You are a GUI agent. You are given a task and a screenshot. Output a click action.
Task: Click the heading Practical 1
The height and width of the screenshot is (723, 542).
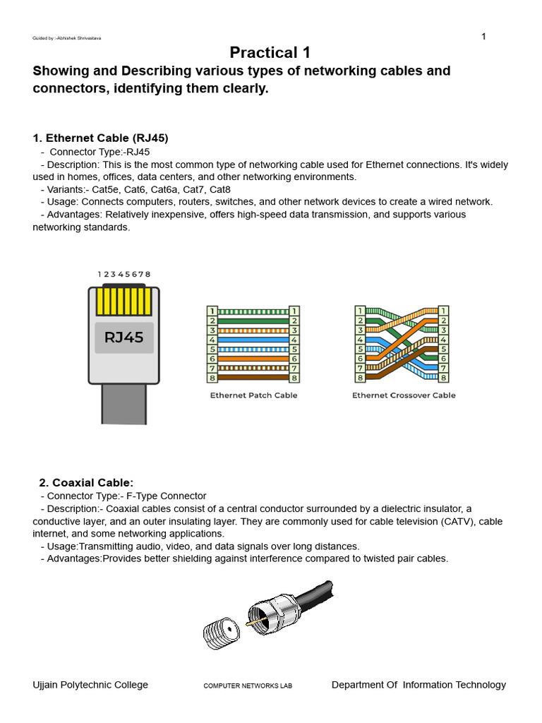click(x=270, y=52)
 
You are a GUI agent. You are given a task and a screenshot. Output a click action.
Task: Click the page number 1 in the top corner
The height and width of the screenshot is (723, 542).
click(x=483, y=37)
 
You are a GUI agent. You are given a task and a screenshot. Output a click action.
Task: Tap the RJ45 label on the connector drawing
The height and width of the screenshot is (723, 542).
click(x=124, y=337)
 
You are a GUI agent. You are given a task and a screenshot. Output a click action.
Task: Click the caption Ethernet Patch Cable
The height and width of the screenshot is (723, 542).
click(x=253, y=395)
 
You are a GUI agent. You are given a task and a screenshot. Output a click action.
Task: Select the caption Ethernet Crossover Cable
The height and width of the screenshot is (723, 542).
click(x=404, y=395)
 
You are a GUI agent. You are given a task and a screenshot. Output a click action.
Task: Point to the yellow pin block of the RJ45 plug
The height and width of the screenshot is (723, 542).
click(x=124, y=301)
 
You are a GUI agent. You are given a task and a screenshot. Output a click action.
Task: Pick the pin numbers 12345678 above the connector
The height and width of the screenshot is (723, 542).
click(x=124, y=274)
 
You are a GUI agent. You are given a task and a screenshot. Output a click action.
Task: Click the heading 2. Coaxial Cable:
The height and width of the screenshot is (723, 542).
click(x=86, y=483)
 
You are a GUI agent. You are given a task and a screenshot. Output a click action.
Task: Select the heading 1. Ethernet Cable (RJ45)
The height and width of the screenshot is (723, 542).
click(x=101, y=138)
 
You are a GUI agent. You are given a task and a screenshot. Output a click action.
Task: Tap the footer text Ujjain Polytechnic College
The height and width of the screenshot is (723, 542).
click(x=90, y=685)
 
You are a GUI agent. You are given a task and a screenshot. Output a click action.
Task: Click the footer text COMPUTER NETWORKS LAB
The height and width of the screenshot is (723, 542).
click(x=248, y=686)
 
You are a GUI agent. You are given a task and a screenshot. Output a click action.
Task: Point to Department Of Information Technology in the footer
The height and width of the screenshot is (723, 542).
click(x=418, y=685)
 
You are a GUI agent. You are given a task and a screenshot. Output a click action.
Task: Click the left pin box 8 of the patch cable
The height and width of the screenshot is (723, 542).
click(x=211, y=378)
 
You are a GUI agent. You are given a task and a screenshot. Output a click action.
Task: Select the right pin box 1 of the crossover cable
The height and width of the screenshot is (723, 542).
click(x=443, y=311)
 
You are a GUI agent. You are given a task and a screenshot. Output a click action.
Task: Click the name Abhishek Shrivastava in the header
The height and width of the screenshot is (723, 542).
click(x=79, y=38)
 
